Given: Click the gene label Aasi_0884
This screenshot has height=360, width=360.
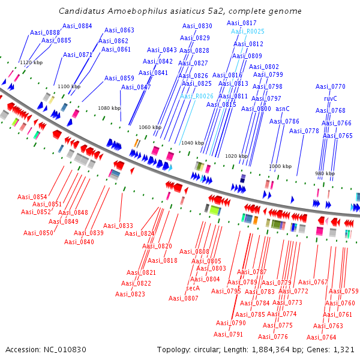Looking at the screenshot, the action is pyautogui.click(x=77, y=26).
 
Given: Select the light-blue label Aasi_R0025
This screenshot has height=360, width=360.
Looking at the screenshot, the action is pyautogui.click(x=247, y=31).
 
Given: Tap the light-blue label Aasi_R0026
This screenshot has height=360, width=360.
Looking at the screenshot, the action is pyautogui.click(x=197, y=96).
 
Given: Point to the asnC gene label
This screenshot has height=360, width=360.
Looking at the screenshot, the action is pyautogui.click(x=283, y=109).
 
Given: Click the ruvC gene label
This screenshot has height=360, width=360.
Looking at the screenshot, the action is pyautogui.click(x=331, y=98).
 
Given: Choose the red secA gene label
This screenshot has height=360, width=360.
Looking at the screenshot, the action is pyautogui.click(x=193, y=288).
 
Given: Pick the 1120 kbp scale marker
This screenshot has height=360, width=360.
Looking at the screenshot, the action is pyautogui.click(x=31, y=62).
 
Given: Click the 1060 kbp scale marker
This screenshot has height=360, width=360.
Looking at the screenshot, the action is pyautogui.click(x=150, y=127).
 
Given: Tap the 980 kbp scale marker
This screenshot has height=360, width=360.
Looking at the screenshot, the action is pyautogui.click(x=325, y=173).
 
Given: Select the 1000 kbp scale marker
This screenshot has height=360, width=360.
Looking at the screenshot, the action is pyautogui.click(x=280, y=166).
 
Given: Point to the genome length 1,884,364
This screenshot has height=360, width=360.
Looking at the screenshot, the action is pyautogui.click(x=271, y=350).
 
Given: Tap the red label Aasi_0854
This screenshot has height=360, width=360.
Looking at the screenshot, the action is pyautogui.click(x=32, y=197).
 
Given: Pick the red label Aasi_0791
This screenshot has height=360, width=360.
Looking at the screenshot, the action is pyautogui.click(x=228, y=334).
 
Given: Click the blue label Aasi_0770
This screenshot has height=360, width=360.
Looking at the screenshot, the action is pyautogui.click(x=331, y=86).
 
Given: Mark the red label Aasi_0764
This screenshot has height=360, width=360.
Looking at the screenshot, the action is pyautogui.click(x=322, y=337).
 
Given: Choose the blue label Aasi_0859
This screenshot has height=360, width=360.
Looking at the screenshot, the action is pyautogui.click(x=119, y=78).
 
